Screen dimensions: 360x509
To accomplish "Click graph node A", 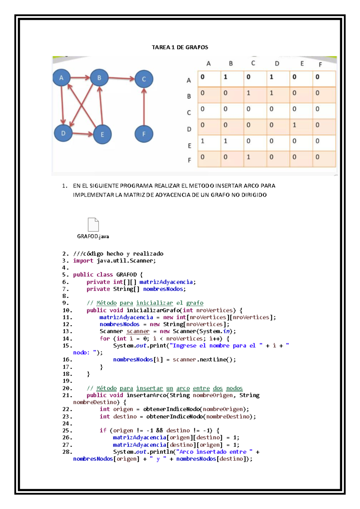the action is pos(61,78).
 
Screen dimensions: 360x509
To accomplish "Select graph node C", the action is pos(144,79).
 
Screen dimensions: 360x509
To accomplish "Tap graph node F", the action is pos(144,134).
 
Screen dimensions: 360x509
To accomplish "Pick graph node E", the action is pos(102,134).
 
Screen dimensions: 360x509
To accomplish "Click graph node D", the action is pos(63,133).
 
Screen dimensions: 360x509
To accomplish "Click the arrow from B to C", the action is pos(121,79).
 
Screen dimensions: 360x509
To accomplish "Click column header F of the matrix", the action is pos(320,65).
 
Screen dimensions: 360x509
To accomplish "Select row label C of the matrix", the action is pos(189,113).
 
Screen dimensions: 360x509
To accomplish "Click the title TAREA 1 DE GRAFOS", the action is pos(180,47).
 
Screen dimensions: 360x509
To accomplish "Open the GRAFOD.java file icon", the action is pos(93,225).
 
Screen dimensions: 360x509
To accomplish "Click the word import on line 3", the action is pos(83,261).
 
